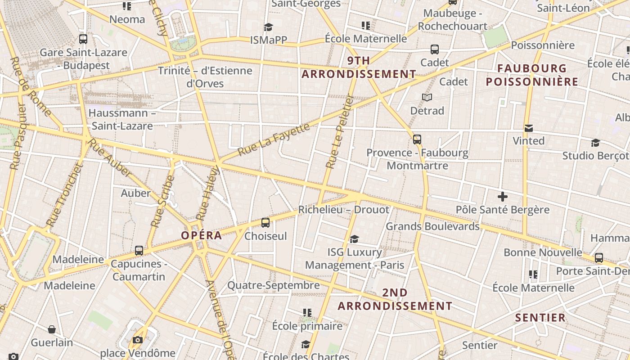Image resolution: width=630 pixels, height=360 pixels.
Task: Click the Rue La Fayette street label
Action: (x=274, y=139)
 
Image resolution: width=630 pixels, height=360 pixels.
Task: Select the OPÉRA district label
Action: (x=201, y=235)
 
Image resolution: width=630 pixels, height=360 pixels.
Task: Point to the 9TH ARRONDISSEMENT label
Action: (x=359, y=67)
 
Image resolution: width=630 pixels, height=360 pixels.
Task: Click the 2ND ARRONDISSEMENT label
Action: (x=395, y=299)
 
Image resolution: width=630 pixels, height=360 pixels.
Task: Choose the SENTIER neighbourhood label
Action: (x=540, y=318)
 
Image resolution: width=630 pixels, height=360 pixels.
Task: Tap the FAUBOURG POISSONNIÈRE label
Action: (x=532, y=75)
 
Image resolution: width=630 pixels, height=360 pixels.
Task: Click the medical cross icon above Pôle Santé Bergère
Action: (x=503, y=197)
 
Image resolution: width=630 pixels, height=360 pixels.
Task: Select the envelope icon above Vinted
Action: (x=529, y=128)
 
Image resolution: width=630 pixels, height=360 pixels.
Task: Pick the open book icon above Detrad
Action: (x=427, y=97)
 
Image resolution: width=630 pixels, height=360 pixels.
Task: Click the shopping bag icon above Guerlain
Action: (x=52, y=329)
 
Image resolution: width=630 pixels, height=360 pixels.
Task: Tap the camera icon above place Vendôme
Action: (x=138, y=340)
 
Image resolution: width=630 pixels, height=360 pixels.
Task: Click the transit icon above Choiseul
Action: (x=265, y=222)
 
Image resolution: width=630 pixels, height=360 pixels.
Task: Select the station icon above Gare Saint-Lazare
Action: (x=83, y=39)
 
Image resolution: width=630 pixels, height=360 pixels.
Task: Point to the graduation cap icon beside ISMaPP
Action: (x=269, y=27)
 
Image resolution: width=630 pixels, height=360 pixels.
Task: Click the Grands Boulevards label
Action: (x=432, y=226)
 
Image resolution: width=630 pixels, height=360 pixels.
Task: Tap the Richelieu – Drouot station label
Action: (x=343, y=210)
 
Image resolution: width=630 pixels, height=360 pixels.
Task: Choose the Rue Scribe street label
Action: (x=162, y=201)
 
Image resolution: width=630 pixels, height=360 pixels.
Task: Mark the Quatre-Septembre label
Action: (x=273, y=285)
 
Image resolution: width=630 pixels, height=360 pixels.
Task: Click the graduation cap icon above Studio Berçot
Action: (x=595, y=143)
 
